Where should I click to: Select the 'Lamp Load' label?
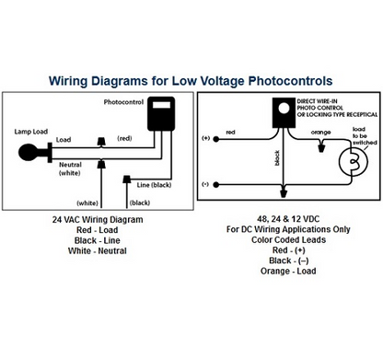click(x=31, y=133)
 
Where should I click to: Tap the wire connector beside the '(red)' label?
click(x=100, y=140)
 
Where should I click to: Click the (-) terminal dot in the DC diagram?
click(x=215, y=181)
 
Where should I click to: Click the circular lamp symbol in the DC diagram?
click(x=350, y=162)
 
